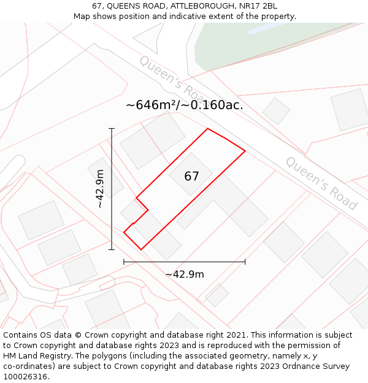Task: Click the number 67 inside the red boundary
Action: tap(191, 176)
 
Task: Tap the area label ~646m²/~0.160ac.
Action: tap(185, 105)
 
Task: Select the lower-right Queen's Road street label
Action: tap(321, 183)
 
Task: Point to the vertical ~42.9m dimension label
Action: tap(100, 189)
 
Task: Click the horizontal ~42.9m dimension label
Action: tap(185, 274)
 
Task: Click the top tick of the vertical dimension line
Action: tap(112, 129)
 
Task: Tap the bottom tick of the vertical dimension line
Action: tap(112, 249)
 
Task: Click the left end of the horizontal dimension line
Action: tap(124, 262)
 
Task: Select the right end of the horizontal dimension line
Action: tap(245, 262)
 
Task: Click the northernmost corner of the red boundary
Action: tap(208, 129)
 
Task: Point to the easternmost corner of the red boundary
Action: tap(245, 150)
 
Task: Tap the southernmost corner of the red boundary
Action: tap(142, 249)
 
